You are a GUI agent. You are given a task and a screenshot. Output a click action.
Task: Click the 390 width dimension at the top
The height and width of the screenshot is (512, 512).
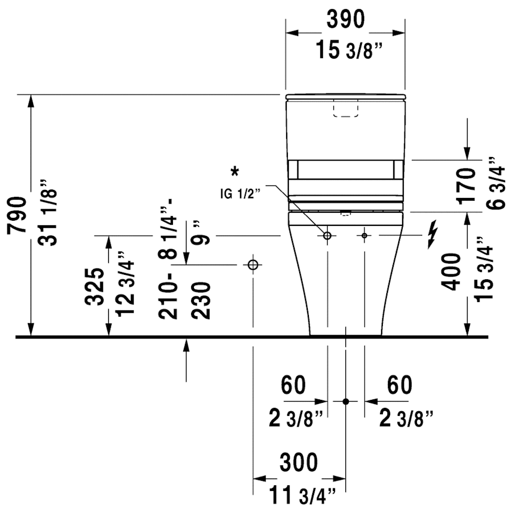(345, 20)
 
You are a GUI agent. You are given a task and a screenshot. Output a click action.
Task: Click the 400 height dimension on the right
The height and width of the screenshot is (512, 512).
(453, 272)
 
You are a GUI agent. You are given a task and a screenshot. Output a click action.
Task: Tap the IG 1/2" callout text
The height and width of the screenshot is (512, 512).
(240, 193)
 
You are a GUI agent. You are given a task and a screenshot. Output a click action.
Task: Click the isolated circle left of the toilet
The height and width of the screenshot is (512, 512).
(253, 265)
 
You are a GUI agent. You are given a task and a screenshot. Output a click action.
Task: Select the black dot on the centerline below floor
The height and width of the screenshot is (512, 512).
(345, 401)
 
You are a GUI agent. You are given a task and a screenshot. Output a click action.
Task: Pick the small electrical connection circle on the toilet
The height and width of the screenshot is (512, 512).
(364, 235)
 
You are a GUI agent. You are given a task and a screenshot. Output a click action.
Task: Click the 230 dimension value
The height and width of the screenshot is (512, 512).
(201, 300)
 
